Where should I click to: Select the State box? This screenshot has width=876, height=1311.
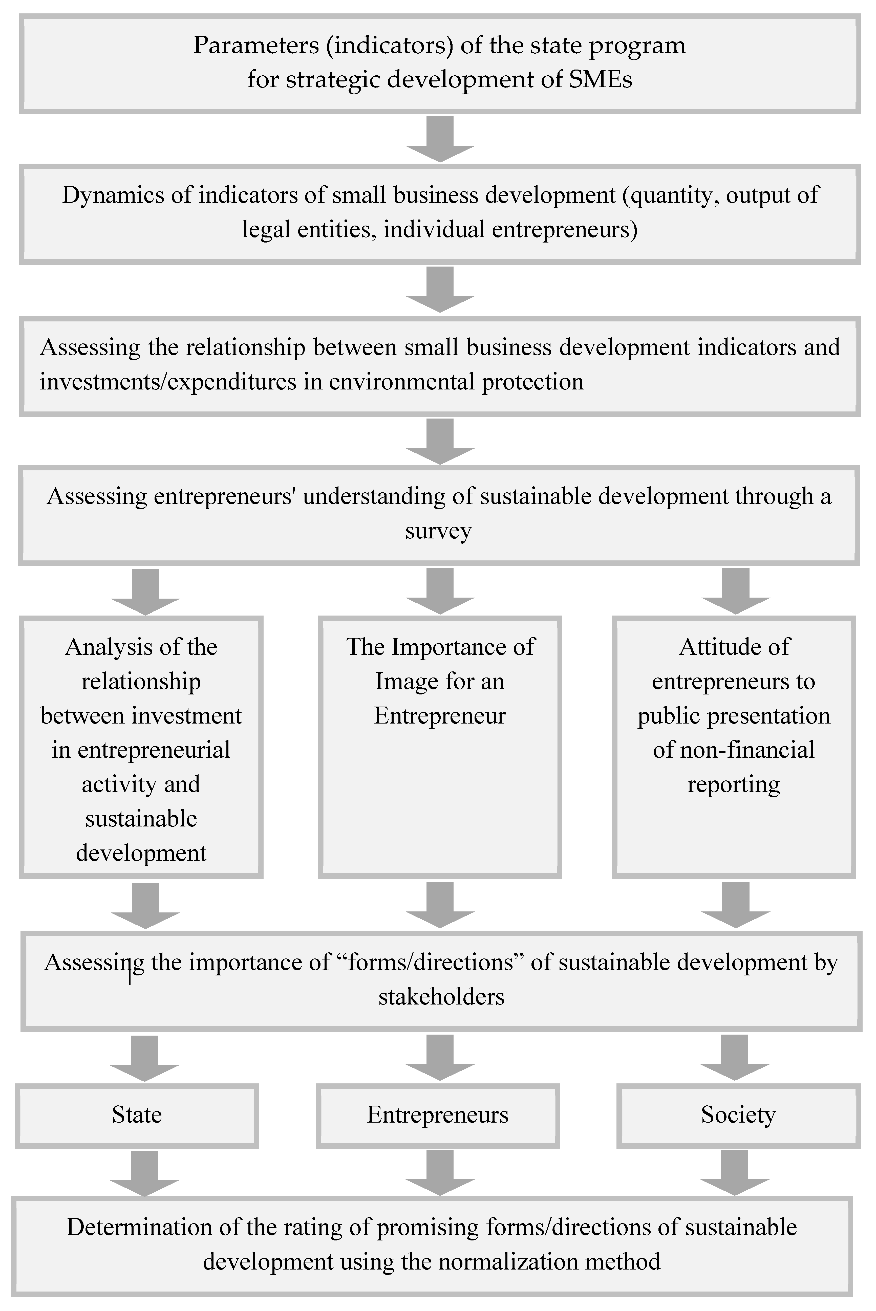[x=137, y=1115]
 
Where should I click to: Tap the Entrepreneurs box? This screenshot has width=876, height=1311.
[x=437, y=1115]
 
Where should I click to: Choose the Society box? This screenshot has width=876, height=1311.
[x=738, y=1115]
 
